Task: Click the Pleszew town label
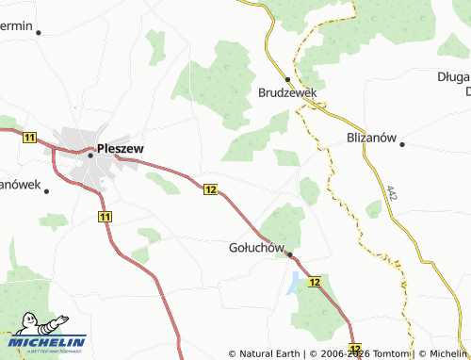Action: (123, 148)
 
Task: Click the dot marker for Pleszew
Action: (91, 155)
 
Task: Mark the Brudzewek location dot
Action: (288, 79)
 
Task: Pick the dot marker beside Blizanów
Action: (401, 144)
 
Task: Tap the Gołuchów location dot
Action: (290, 254)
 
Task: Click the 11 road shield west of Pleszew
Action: (29, 138)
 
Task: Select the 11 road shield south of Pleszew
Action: (104, 217)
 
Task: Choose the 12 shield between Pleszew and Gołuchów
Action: (209, 189)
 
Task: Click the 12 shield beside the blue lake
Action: (314, 283)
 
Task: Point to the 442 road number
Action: (390, 192)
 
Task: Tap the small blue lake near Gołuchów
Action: (295, 281)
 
